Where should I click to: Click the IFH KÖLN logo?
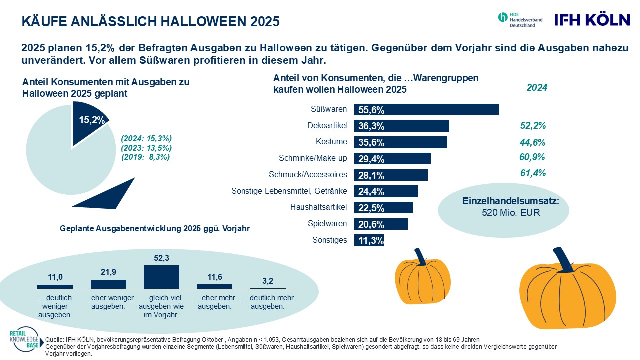pyautogui.click(x=592, y=20)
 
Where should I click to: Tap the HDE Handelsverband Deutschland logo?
pyautogui.click(x=520, y=19)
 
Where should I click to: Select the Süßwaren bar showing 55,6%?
pyautogui.click(x=426, y=110)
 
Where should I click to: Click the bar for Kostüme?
pyautogui.click(x=400, y=142)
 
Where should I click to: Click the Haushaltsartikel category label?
pyautogui.click(x=319, y=207)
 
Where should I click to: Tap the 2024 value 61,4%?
pyautogui.click(x=532, y=173)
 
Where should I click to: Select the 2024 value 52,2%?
pyautogui.click(x=532, y=125)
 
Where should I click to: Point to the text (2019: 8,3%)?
pyautogui.click(x=146, y=157)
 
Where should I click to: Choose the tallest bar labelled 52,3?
pyautogui.click(x=161, y=277)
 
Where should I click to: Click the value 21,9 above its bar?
pyautogui.click(x=108, y=274)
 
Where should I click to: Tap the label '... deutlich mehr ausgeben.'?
pyautogui.click(x=268, y=302)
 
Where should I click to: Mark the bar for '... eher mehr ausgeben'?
pyautogui.click(x=214, y=286)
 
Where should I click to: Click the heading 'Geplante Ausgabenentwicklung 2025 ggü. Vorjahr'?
pyautogui.click(x=155, y=228)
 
